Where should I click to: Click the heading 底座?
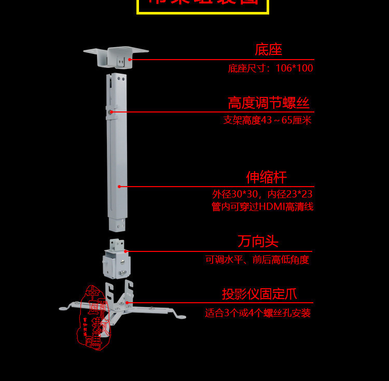click(x=268, y=50)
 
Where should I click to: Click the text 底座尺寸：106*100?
click(x=270, y=68)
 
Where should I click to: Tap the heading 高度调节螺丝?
click(x=268, y=103)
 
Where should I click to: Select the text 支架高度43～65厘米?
click(x=267, y=120)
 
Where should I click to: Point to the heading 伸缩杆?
click(x=266, y=177)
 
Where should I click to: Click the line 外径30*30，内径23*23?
click(x=262, y=194)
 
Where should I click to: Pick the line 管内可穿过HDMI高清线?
click(x=262, y=207)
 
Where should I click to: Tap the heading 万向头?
click(x=258, y=242)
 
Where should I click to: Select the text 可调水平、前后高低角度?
click(x=257, y=260)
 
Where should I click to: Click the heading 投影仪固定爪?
click(x=259, y=294)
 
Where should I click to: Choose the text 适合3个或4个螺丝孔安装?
click(x=258, y=313)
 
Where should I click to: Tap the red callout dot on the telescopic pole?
click(x=119, y=187)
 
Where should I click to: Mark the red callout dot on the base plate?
click(x=130, y=60)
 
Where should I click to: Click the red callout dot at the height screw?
click(x=111, y=111)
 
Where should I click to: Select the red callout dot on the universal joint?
click(x=126, y=251)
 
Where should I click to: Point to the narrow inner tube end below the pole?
click(x=117, y=224)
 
